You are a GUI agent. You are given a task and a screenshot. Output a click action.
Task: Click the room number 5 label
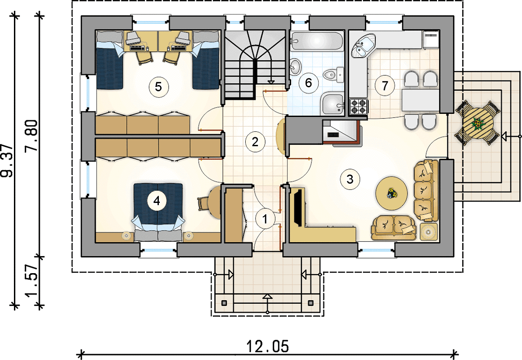158,87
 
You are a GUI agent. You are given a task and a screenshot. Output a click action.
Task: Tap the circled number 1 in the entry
265,219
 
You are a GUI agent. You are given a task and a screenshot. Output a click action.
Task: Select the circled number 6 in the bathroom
308,82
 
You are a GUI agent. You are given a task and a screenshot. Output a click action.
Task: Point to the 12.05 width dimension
268,346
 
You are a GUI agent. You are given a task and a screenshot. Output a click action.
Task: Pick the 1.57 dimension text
32,281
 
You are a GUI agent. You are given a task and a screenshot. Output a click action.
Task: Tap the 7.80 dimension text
32,135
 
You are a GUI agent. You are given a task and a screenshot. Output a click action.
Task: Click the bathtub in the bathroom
316,41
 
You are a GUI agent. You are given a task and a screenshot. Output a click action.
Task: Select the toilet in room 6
333,75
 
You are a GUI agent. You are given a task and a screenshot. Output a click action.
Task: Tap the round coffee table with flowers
391,193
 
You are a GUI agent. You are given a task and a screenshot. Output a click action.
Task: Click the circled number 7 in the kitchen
385,85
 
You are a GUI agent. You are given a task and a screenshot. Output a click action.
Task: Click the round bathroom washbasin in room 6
295,66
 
